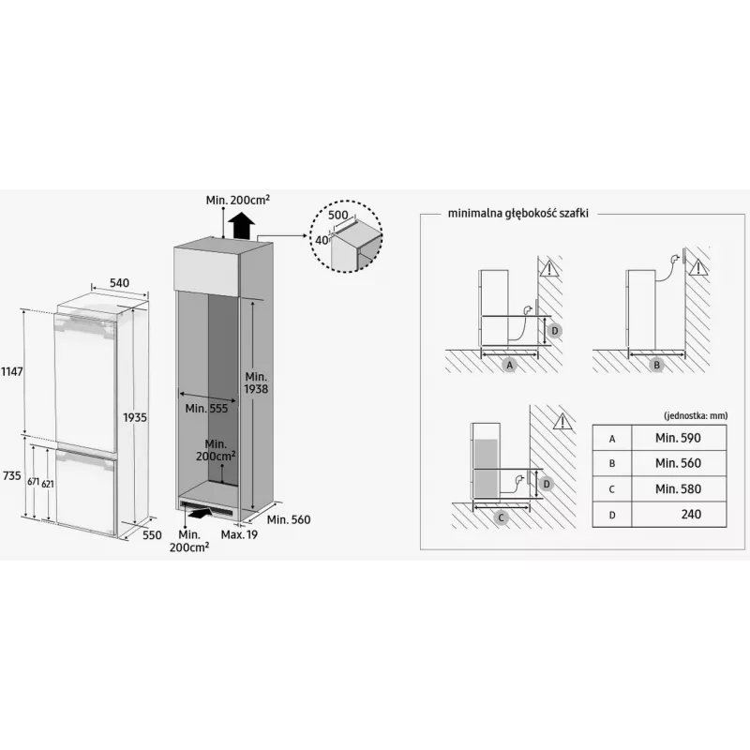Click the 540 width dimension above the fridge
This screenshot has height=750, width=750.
[x=119, y=283]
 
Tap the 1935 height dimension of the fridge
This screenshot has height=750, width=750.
[x=135, y=417]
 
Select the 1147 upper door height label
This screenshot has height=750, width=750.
[x=11, y=371]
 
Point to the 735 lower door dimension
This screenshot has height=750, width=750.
[x=11, y=475]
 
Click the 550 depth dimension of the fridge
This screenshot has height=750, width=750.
[x=152, y=534]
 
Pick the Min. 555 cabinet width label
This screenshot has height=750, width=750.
[x=206, y=409]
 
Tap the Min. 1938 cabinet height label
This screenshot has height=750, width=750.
[x=256, y=383]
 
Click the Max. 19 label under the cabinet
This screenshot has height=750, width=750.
[x=239, y=534]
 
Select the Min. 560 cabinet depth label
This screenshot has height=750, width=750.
[x=289, y=519]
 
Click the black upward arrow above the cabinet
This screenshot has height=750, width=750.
[x=241, y=226]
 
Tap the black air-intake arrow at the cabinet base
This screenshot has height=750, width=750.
[x=200, y=513]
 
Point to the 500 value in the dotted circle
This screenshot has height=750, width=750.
[x=338, y=216]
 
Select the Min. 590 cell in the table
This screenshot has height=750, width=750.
[x=678, y=438]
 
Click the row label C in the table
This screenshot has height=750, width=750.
[x=612, y=489]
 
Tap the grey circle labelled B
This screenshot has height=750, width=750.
[x=657, y=366]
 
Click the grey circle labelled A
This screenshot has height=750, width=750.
[x=510, y=366]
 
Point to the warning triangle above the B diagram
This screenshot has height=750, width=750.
[x=699, y=267]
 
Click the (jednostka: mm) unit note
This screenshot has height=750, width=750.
[x=696, y=415]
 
